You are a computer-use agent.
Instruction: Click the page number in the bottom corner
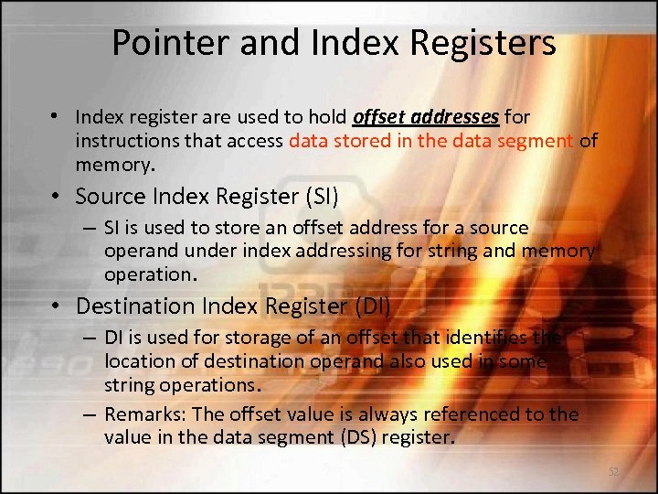click(613, 472)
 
